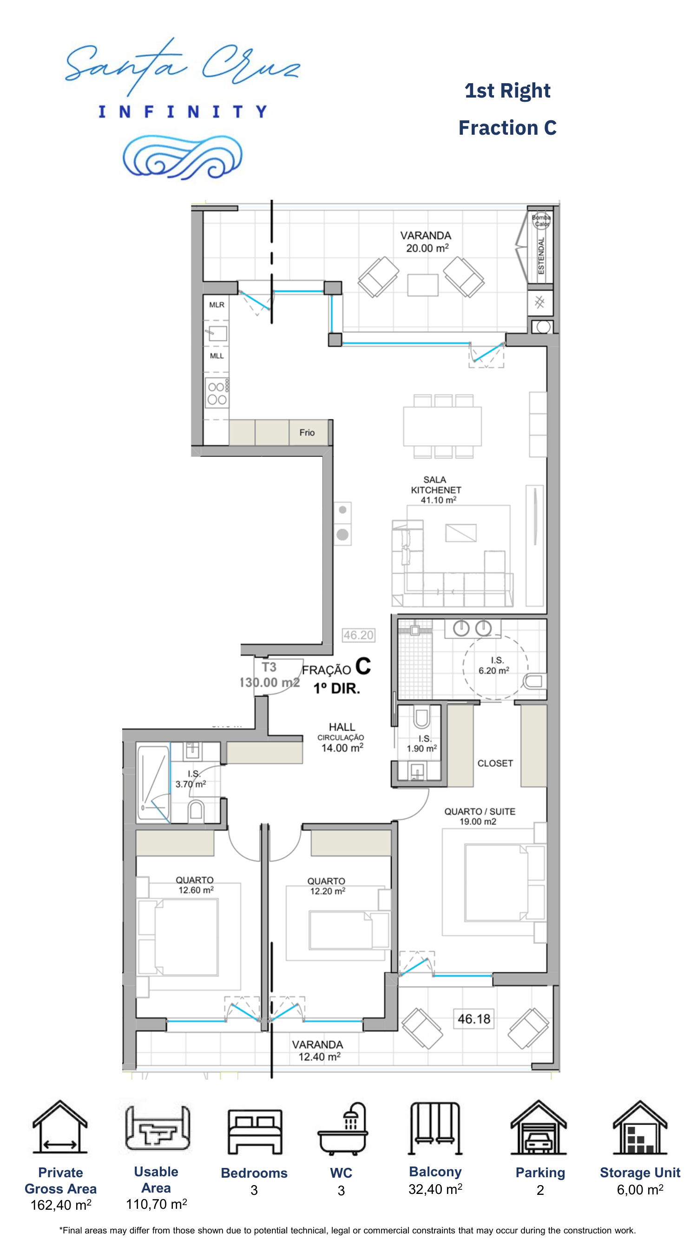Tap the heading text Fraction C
coord(507,128)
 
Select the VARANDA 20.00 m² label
coord(426,242)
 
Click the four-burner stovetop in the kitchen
coord(217,393)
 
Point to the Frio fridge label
coord(307,433)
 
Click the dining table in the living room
coord(442,426)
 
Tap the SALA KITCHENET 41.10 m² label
coord(436,490)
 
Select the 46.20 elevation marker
coord(358,635)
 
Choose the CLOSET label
coord(495,763)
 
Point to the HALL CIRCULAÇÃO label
coord(342,732)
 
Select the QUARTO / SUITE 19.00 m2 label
coord(479,816)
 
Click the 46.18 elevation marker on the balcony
coord(474,1019)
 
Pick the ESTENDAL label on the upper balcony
coord(541,256)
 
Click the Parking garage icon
coord(539,1128)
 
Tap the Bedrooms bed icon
coord(255,1131)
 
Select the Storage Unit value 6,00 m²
coord(640,1190)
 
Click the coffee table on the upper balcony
coord(423,285)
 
